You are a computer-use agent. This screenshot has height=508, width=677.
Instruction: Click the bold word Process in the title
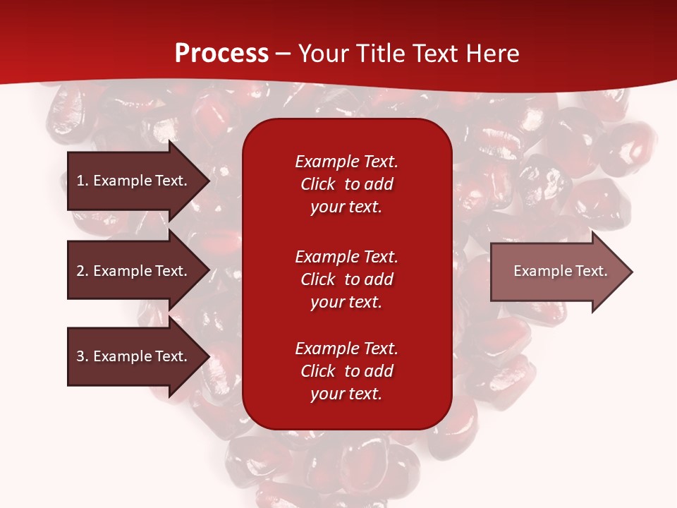(x=221, y=54)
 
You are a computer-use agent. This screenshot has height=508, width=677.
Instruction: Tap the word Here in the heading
(x=492, y=54)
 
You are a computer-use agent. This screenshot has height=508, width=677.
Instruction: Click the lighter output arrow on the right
(x=557, y=271)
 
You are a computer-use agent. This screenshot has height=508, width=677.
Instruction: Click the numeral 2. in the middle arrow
(x=83, y=271)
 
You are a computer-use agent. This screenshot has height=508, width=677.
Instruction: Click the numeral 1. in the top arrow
(x=83, y=181)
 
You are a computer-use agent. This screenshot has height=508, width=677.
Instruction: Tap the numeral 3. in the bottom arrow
(x=83, y=356)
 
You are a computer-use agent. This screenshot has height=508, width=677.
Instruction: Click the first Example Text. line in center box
(x=346, y=162)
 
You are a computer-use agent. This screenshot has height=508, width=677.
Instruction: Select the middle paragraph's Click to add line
(x=346, y=279)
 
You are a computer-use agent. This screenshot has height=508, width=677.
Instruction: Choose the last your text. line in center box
(x=346, y=394)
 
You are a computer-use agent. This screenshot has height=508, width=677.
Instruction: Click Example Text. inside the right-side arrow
(x=560, y=271)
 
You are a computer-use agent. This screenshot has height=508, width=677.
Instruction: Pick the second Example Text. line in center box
(x=346, y=256)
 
